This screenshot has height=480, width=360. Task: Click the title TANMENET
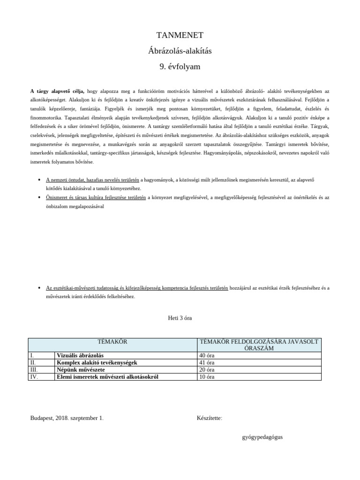point(180,35)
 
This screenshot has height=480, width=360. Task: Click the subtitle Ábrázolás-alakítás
point(180,51)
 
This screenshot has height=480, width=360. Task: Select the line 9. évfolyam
point(180,67)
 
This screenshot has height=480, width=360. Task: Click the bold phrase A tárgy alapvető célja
point(57,91)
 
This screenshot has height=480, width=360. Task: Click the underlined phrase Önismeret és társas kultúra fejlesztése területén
point(96,197)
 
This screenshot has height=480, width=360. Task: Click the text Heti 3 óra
point(180,318)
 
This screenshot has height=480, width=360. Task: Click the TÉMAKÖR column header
point(112,342)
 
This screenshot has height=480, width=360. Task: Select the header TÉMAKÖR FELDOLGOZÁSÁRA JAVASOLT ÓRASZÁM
point(259,345)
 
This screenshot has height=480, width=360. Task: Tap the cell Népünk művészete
point(81,369)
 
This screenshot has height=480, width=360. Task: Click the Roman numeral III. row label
point(33,369)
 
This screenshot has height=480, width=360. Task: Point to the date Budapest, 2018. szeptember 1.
point(67,417)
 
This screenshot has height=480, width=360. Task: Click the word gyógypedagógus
point(262,437)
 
